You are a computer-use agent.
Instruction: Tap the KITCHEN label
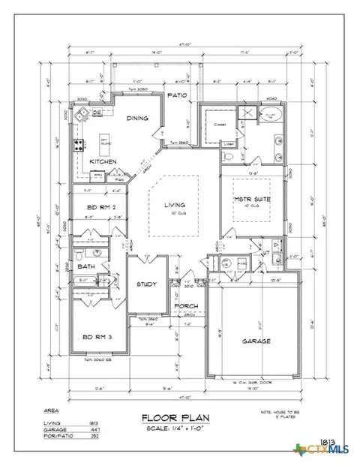tap(103, 161)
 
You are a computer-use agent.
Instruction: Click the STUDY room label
tap(145, 284)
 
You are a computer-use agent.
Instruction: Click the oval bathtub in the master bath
tap(270, 116)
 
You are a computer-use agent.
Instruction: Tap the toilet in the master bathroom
tap(228, 157)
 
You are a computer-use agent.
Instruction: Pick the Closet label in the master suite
tap(220, 125)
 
